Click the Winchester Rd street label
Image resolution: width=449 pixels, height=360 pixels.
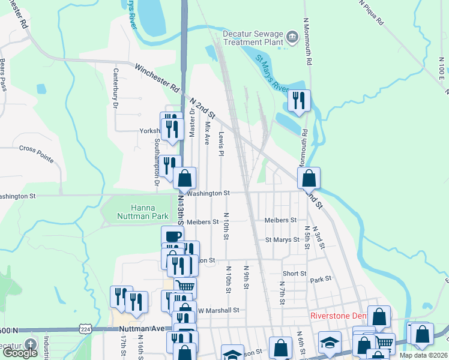click(157, 77)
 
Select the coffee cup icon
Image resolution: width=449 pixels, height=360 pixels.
click(172, 236)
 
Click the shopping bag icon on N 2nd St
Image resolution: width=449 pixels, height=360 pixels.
click(309, 178)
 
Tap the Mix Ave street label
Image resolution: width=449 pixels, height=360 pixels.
click(207, 134)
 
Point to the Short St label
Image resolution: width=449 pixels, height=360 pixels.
click(294, 273)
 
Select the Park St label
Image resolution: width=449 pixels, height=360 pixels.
click(321, 280)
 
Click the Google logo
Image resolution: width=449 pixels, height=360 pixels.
click(20, 353)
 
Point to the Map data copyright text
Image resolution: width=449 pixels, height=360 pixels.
click(424, 355)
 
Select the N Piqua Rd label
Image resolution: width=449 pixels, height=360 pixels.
click(372, 12)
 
